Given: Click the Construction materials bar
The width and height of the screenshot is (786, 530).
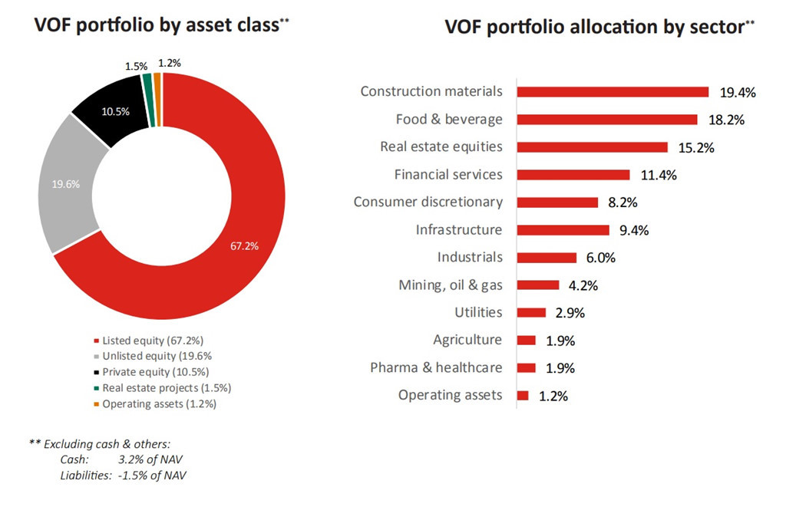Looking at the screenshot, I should coord(613,92).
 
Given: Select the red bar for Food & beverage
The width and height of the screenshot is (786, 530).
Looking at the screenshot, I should coord(607,120).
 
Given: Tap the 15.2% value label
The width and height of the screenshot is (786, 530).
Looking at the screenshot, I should coord(696,147).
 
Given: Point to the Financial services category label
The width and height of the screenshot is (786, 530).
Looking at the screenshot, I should coord(448,175).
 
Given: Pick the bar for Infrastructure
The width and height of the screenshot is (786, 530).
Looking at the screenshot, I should coord(563,230).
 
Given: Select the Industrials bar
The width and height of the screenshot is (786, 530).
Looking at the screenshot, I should coord(547,258).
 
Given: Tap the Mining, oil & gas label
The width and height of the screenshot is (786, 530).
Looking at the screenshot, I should coord(451,285).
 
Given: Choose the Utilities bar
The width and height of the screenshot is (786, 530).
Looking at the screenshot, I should coord(531,313).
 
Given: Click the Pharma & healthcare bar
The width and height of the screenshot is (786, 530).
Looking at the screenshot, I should coord(527,368).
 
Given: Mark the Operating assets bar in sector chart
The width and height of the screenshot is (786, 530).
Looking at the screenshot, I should coord(523,396).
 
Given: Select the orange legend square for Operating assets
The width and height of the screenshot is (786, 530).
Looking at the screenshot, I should coord(96,404).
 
